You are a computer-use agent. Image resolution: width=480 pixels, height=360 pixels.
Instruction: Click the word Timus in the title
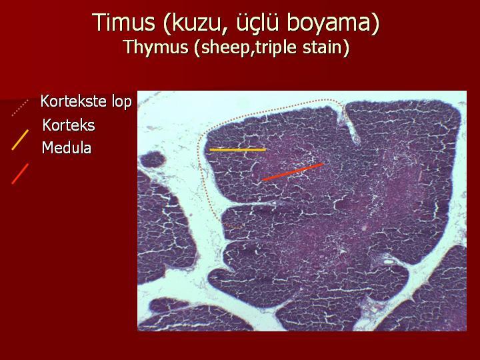tap(124, 22)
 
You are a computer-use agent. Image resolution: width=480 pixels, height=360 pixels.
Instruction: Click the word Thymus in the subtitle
tap(156, 47)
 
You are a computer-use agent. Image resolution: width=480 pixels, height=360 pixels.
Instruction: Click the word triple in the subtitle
tap(277, 48)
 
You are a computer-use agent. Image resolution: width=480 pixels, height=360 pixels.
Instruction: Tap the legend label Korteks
tap(69, 125)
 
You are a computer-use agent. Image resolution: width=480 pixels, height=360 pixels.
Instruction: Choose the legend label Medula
tap(67, 147)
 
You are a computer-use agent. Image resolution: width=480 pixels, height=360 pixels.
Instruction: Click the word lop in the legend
tap(122, 101)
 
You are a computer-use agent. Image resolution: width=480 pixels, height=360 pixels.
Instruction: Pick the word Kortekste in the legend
tap(74, 101)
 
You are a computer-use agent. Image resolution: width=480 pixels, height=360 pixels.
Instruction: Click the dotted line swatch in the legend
tap(20, 108)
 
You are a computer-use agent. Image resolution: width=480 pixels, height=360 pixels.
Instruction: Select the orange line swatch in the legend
tap(20, 140)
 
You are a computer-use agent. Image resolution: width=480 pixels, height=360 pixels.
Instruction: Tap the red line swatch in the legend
tap(20, 174)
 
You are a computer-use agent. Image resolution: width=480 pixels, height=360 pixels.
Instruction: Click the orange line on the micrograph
tap(237, 150)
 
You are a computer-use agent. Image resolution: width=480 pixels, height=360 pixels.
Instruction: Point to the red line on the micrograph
tap(293, 172)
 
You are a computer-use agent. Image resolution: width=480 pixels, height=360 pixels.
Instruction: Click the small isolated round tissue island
tap(152, 159)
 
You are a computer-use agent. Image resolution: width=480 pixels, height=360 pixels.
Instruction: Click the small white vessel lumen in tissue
tap(388, 262)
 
